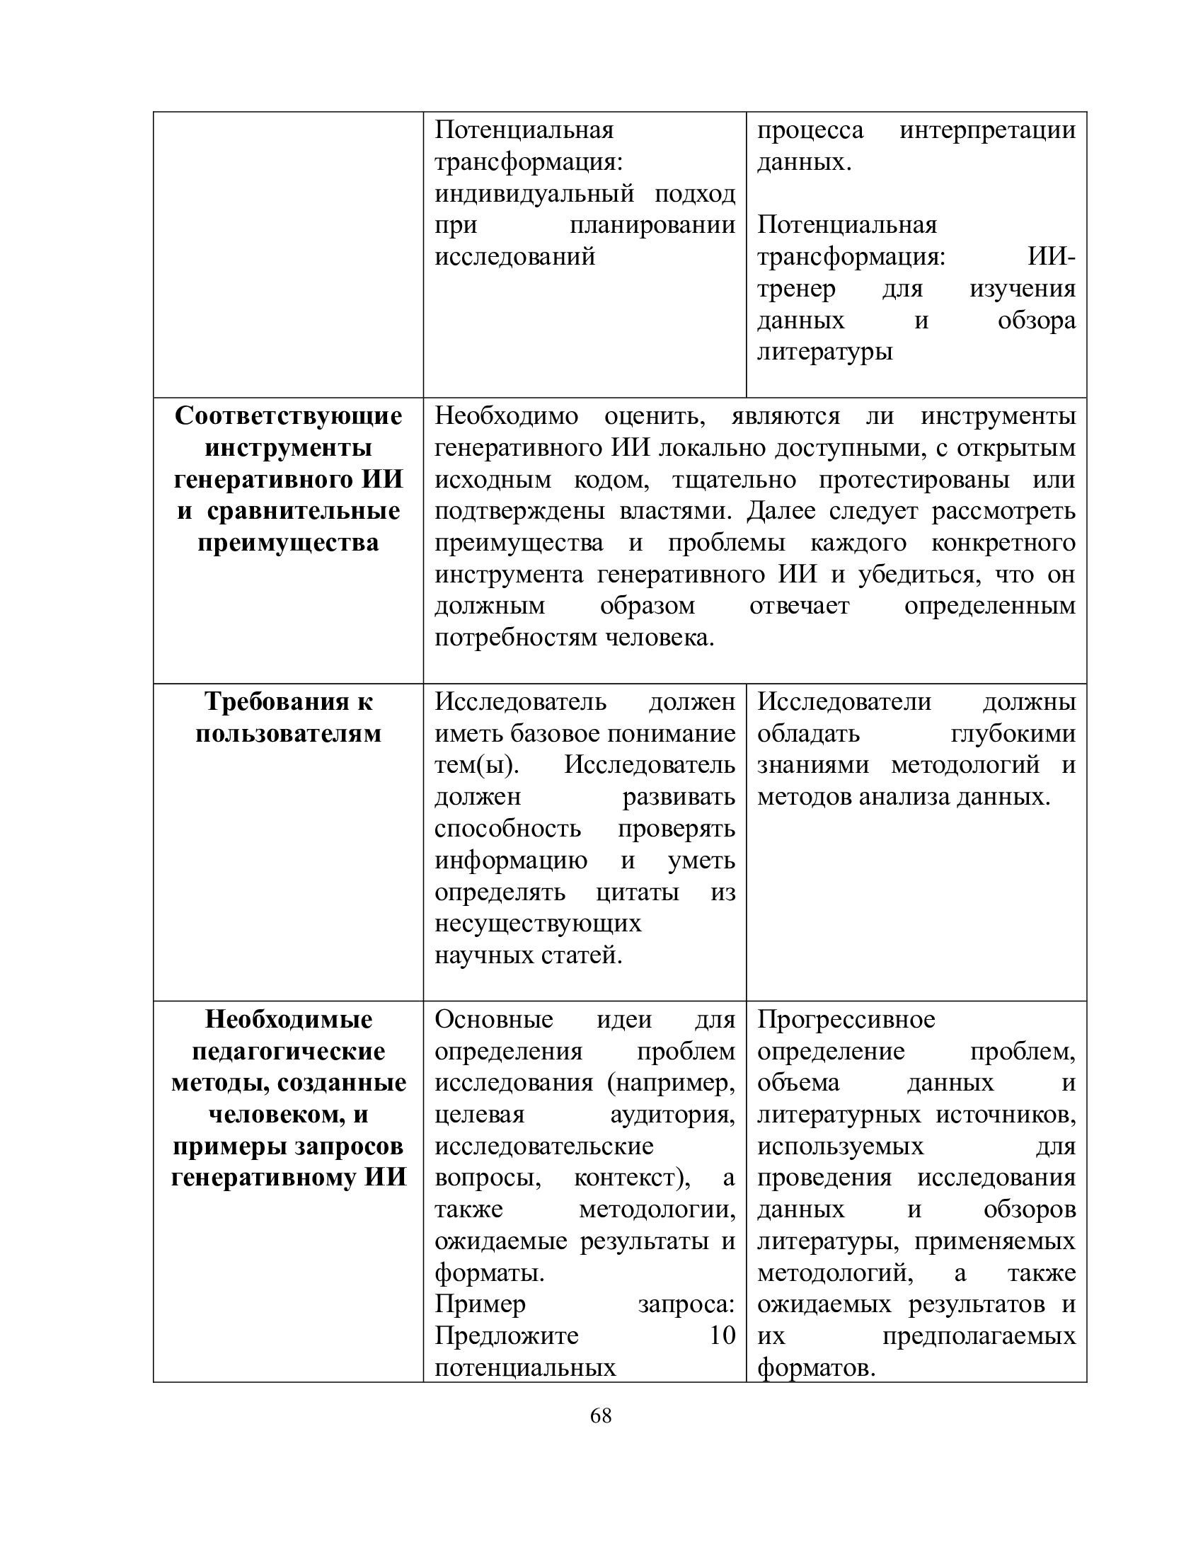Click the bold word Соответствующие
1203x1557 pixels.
coord(289,415)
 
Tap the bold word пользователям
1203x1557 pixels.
coord(289,734)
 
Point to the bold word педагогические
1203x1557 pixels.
coord(289,1051)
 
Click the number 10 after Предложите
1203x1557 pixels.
coord(722,1335)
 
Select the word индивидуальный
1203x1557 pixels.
coord(534,193)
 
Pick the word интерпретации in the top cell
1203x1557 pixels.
coord(987,130)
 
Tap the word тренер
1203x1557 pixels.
coord(796,289)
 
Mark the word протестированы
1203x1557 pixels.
coord(914,480)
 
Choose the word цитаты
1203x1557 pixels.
coord(637,892)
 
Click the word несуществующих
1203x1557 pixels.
coord(538,924)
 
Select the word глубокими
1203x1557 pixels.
coord(1013,734)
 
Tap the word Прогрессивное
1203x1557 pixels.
coord(846,1019)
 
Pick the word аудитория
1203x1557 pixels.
coord(672,1114)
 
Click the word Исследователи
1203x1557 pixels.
coord(844,701)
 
